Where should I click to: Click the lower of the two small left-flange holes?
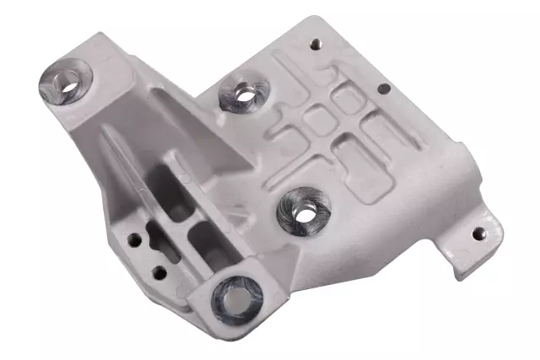coord(158,271)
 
